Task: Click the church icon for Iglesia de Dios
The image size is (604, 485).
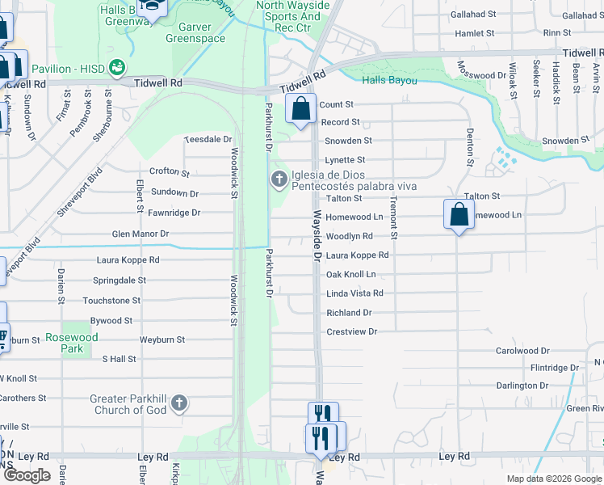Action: tap(279, 179)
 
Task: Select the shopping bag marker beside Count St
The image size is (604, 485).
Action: tap(300, 108)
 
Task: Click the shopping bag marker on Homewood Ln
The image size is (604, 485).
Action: tap(458, 215)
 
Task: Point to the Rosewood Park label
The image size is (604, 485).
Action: tap(72, 343)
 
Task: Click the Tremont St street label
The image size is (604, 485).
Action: tap(394, 216)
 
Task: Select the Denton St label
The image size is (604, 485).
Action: tap(469, 146)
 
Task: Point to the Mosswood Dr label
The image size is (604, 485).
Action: tap(482, 75)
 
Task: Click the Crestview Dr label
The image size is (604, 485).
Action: tap(352, 332)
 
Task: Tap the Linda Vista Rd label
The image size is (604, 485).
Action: tap(354, 293)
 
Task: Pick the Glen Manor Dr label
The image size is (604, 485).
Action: tap(141, 234)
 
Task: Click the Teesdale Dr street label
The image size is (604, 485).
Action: tap(208, 140)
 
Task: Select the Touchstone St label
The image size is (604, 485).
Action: tap(111, 301)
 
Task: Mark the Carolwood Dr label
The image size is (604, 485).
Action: tap(522, 352)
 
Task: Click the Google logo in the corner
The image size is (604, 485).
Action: tap(27, 475)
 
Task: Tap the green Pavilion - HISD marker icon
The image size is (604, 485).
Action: tap(118, 65)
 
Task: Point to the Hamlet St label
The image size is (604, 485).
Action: tap(474, 34)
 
